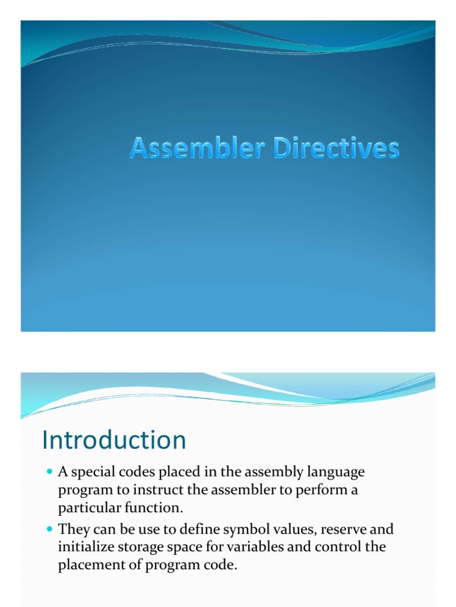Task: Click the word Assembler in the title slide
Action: point(198,149)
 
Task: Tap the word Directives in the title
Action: point(335,149)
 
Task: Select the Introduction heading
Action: point(114,440)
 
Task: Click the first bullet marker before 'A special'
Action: point(50,472)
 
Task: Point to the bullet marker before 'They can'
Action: point(50,529)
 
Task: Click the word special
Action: point(92,473)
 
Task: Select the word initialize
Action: point(83,548)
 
